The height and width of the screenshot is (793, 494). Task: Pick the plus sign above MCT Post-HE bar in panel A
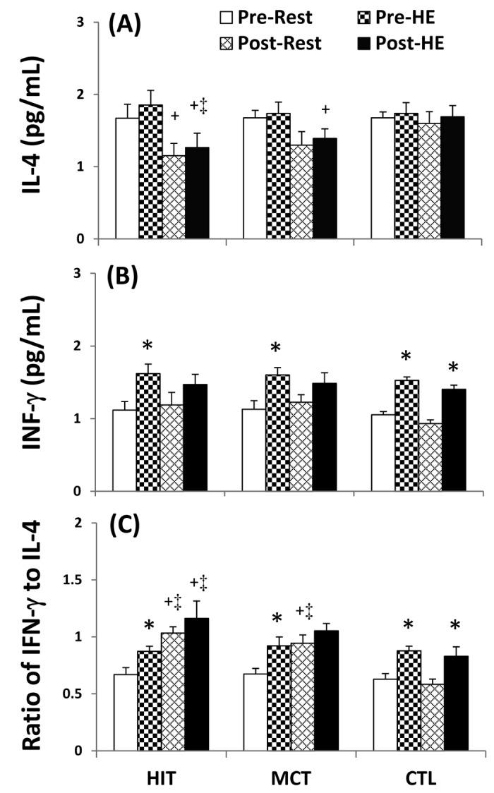pos(325,110)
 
